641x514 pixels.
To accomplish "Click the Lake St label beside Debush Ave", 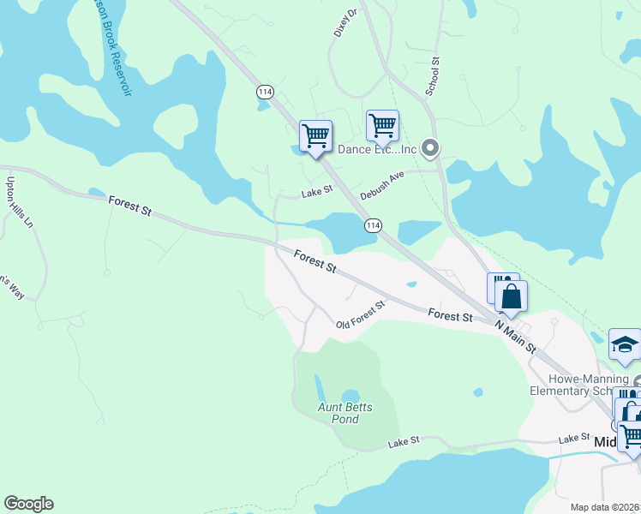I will (x=316, y=193).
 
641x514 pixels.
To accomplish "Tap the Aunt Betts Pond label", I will (x=345, y=413).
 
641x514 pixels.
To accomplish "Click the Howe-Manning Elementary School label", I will (x=585, y=385).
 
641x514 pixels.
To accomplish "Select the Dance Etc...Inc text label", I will (x=376, y=149).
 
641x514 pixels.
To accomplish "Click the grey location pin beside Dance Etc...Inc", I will (x=431, y=149).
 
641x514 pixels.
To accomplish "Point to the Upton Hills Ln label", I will (x=19, y=202).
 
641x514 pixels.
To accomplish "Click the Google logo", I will (x=28, y=504).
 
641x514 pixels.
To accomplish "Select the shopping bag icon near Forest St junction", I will (x=512, y=296).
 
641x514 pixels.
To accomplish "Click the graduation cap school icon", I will (x=625, y=344).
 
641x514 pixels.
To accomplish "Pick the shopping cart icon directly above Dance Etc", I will (x=382, y=125).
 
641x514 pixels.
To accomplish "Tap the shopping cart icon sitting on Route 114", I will (x=315, y=135).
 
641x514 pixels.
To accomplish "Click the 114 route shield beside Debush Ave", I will (x=372, y=224).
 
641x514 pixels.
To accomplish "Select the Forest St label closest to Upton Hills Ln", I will (x=129, y=206).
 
